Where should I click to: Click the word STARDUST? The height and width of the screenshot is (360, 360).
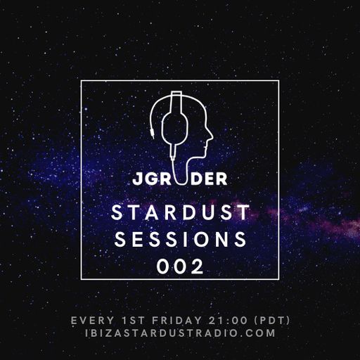tap(180, 212)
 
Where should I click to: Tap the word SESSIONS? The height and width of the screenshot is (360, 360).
tap(180, 239)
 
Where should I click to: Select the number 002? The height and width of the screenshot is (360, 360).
tap(180, 266)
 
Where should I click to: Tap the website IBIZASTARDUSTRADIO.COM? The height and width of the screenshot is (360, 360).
tap(180, 333)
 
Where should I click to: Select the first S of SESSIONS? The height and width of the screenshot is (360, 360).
tap(117, 239)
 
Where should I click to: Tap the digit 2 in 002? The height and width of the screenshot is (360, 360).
tap(199, 266)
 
